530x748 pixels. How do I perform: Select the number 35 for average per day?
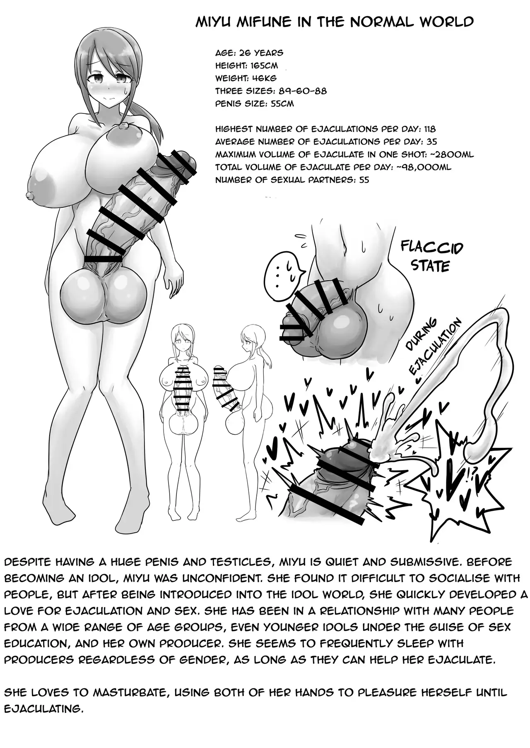[431, 142]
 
